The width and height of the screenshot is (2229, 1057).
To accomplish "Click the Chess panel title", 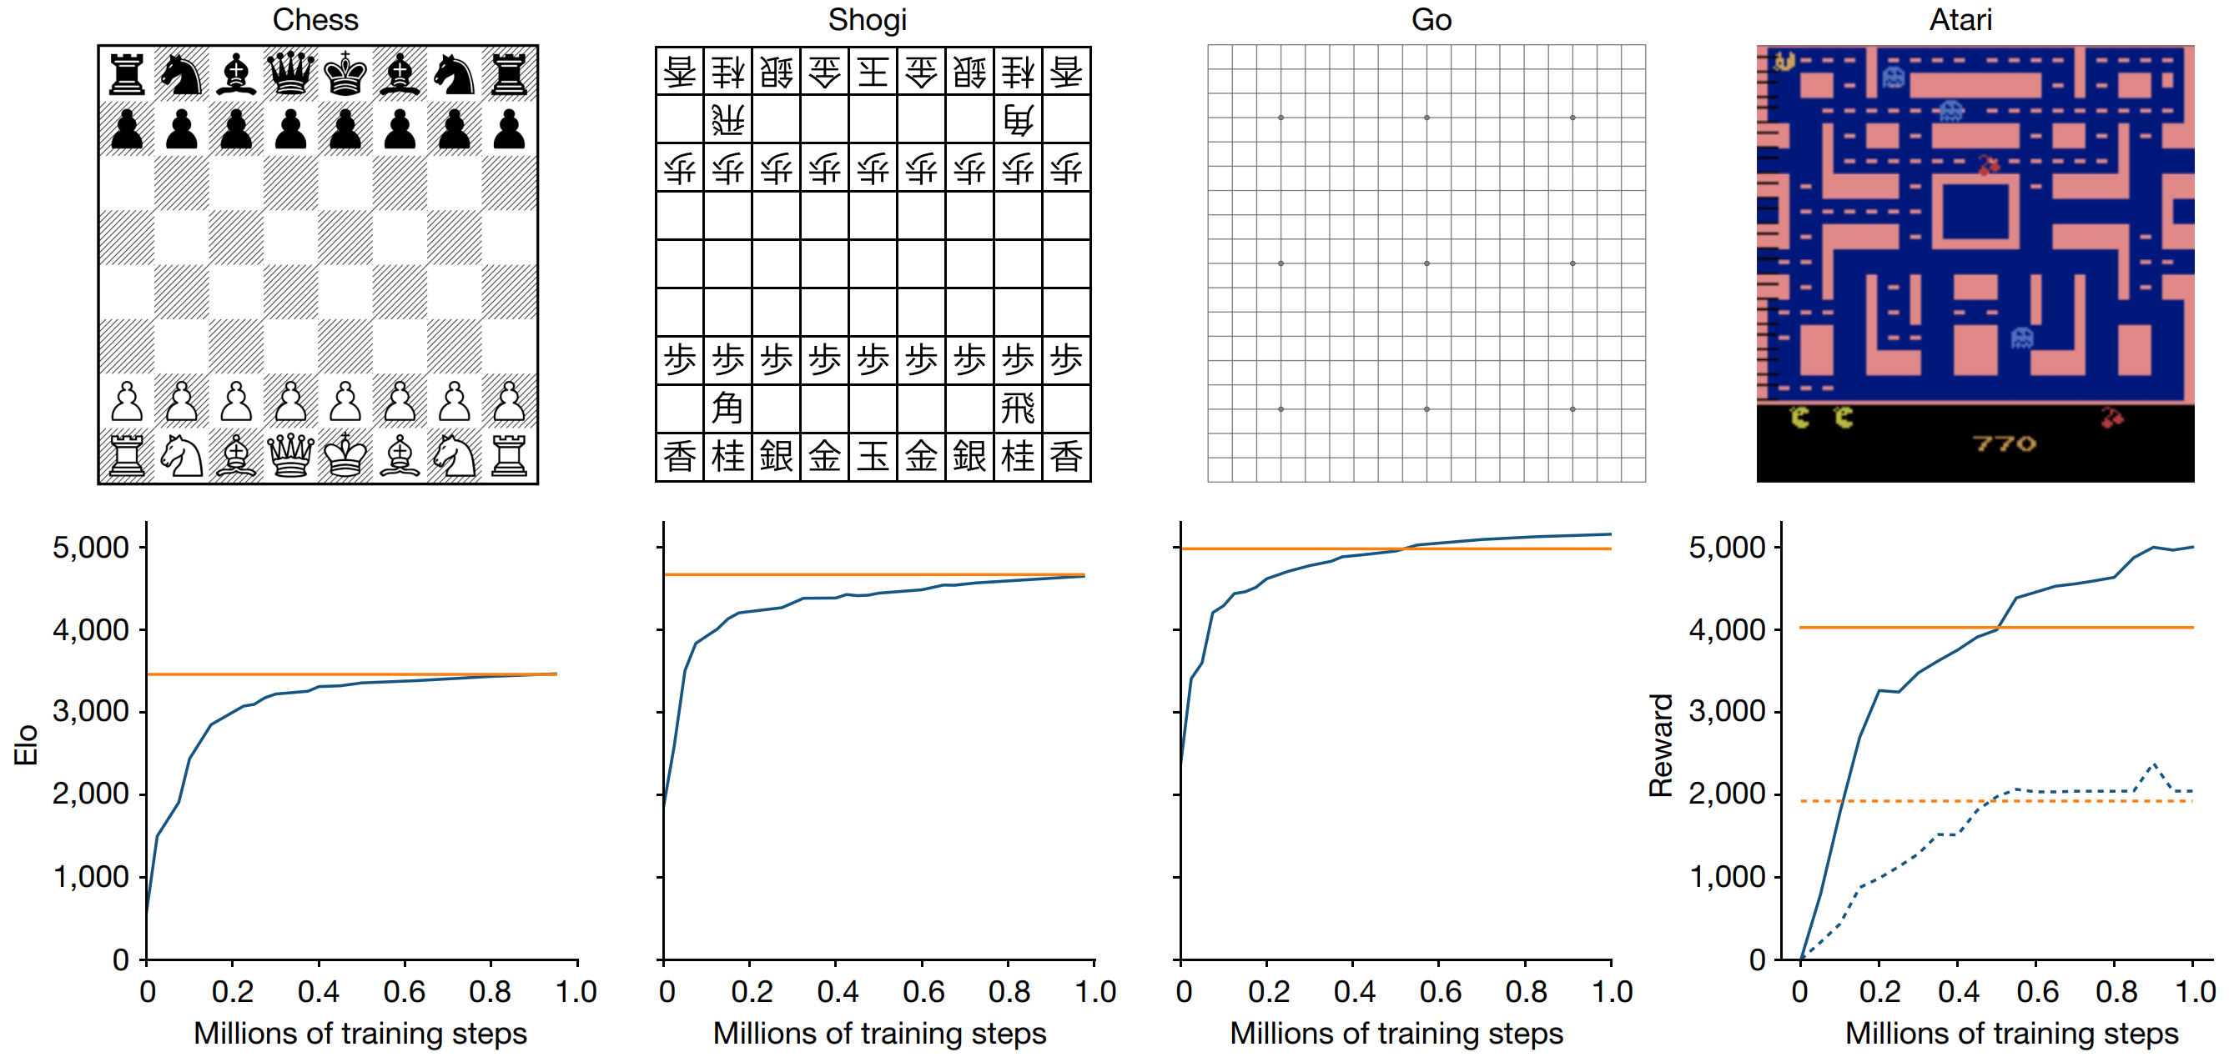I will (315, 19).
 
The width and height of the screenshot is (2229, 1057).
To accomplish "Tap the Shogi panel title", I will (867, 19).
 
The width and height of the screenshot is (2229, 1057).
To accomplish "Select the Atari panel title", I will (1960, 19).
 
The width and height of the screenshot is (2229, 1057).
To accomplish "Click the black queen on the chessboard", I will (289, 73).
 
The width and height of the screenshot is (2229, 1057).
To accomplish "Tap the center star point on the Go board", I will (1426, 263).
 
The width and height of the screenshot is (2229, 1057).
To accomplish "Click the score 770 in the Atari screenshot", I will (2004, 443).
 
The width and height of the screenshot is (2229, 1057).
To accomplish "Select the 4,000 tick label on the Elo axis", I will (90, 629).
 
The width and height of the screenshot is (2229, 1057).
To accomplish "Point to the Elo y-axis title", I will (26, 744).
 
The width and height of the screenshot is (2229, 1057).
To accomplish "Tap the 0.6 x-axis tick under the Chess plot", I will (404, 991).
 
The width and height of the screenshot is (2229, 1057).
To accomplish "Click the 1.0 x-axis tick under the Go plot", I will (1611, 991).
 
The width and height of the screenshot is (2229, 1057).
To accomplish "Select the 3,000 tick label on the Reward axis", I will (1726, 711).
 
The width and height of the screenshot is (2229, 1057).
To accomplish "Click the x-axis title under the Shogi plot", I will (879, 1033).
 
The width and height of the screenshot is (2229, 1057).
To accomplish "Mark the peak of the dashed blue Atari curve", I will (2154, 764).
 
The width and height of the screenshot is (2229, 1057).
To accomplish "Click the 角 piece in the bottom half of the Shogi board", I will (727, 408).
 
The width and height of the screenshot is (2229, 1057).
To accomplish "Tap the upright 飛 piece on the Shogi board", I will (1018, 408).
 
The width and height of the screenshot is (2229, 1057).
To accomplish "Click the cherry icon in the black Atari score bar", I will (2112, 418).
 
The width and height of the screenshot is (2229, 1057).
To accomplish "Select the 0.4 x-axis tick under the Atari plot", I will (1957, 991).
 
